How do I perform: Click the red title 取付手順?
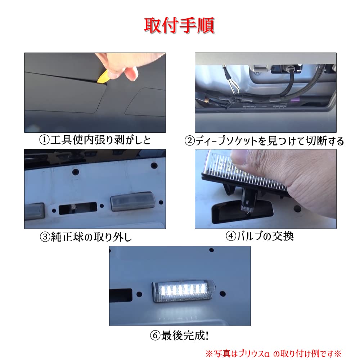(179, 26)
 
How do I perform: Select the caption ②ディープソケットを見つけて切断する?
(264, 140)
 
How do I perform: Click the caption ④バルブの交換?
(260, 236)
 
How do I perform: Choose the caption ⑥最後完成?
(179, 336)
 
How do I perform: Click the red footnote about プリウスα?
(273, 352)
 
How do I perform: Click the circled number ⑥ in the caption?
(155, 336)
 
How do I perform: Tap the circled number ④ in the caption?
(231, 236)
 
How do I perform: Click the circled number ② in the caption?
(190, 140)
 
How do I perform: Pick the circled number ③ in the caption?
(45, 237)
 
